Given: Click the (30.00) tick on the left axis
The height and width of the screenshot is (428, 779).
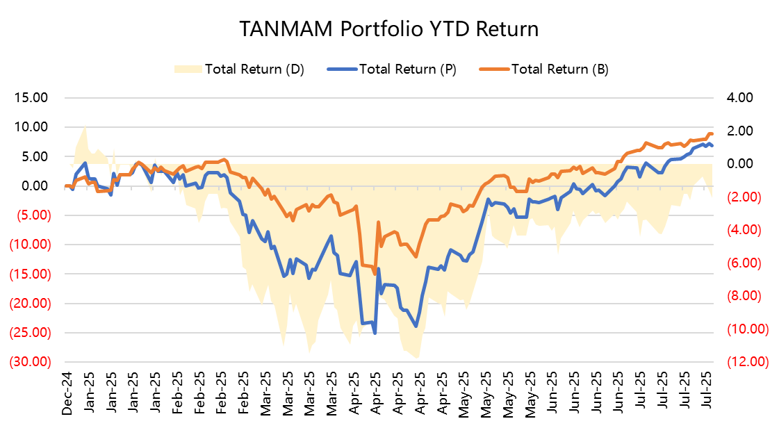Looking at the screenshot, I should [28, 362].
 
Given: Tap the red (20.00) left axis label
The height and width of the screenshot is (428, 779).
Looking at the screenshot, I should [28, 304].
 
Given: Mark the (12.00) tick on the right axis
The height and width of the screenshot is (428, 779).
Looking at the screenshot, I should [744, 362].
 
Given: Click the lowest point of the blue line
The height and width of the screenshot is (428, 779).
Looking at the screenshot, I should [375, 334].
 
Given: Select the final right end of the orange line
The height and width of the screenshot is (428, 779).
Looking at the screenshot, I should [712, 134].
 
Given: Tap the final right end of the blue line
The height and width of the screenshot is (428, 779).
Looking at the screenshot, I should [712, 145].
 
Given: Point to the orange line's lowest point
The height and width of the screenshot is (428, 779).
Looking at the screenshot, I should [375, 274].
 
